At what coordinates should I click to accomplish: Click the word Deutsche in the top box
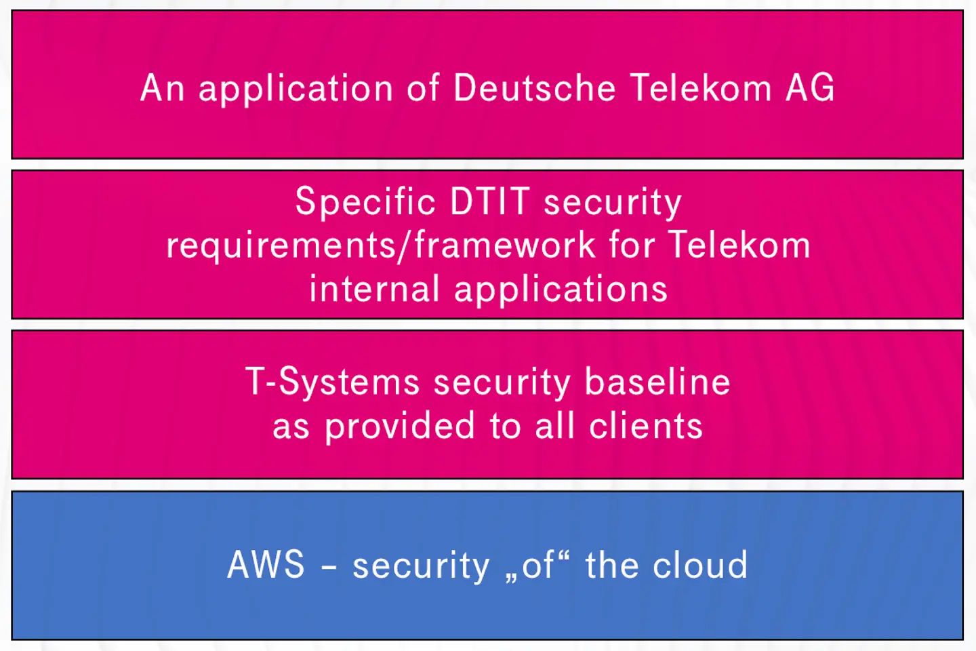click(534, 88)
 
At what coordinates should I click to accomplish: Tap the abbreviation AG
click(810, 88)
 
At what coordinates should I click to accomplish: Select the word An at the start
click(163, 88)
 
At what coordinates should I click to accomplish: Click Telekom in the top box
click(701, 88)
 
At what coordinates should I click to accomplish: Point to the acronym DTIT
click(489, 201)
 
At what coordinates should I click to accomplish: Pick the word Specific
click(365, 203)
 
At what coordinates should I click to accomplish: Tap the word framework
click(505, 245)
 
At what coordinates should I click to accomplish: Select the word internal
click(374, 289)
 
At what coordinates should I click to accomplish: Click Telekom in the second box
click(739, 245)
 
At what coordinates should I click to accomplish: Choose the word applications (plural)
click(561, 290)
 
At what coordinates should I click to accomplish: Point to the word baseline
click(657, 382)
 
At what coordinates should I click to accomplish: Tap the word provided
click(400, 427)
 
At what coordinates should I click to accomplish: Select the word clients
click(646, 427)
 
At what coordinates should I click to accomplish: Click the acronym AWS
click(266, 565)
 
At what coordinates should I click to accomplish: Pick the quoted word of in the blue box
click(538, 565)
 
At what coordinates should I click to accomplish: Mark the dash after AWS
click(329, 566)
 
